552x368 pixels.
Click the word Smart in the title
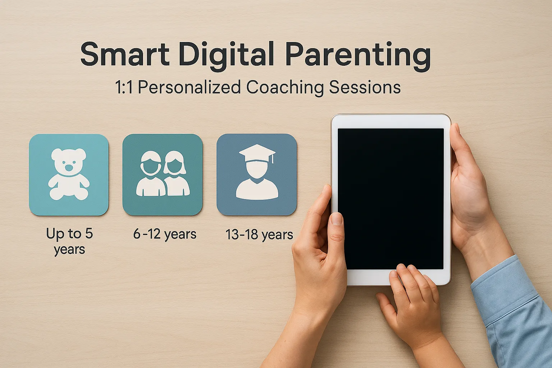click(125, 54)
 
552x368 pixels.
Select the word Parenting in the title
click(358, 56)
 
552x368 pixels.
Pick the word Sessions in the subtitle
click(365, 87)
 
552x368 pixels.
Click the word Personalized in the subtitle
click(189, 87)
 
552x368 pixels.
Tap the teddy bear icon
click(69, 174)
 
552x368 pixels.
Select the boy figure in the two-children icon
click(151, 174)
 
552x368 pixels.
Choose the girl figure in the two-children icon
click(176, 174)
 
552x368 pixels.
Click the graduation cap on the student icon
click(257, 153)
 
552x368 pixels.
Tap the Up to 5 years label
click(69, 241)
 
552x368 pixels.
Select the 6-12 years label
click(165, 234)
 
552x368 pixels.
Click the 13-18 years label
click(259, 234)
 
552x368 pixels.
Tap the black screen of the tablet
click(391, 199)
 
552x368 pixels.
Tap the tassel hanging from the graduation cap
click(272, 159)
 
